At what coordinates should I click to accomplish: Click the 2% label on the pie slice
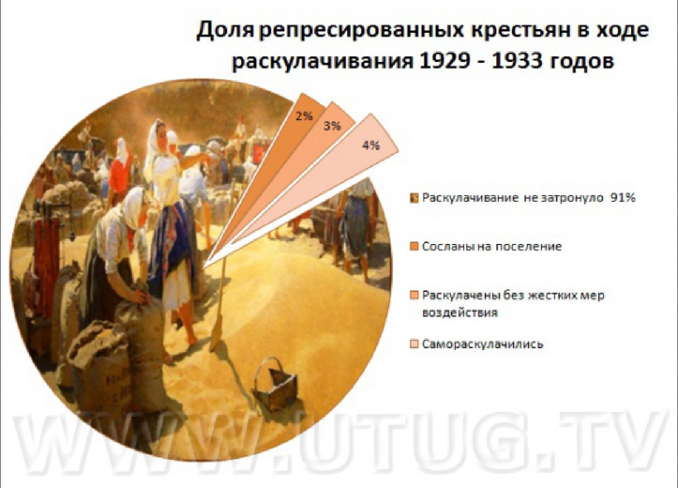304,116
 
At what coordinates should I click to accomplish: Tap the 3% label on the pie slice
332,125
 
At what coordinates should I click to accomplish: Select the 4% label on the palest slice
371,146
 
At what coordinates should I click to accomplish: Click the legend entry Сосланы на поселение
492,246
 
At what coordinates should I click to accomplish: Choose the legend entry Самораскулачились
482,344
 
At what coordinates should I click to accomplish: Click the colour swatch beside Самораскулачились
414,344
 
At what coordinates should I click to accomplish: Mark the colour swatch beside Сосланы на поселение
414,246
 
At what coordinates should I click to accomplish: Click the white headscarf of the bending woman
135,209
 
